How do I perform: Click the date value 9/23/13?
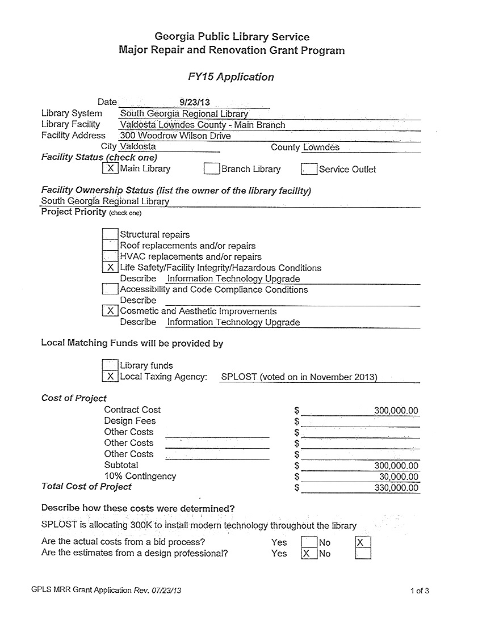click(195, 103)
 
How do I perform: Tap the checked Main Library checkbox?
click(110, 168)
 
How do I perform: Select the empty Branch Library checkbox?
click(212, 168)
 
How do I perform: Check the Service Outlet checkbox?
click(309, 169)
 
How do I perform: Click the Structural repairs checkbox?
click(110, 234)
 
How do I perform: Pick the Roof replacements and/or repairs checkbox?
click(110, 246)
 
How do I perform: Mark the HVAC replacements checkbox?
click(110, 256)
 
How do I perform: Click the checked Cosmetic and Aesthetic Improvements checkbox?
click(110, 311)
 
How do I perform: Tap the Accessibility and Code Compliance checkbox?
click(110, 289)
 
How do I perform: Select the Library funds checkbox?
click(110, 365)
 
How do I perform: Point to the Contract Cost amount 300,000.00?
click(396, 411)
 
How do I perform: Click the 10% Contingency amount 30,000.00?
click(399, 477)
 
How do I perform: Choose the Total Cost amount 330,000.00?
click(396, 488)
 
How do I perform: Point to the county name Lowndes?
click(321, 147)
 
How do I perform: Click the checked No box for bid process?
click(363, 542)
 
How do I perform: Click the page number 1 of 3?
click(420, 591)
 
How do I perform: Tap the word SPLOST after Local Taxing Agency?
click(239, 377)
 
